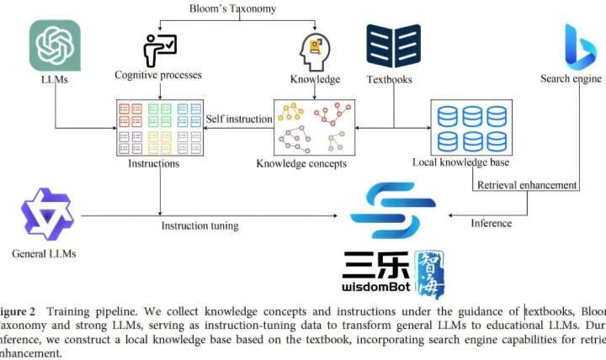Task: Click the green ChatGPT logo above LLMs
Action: click(x=56, y=45)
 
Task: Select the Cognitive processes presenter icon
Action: click(x=159, y=50)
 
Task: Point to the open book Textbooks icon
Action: click(x=393, y=46)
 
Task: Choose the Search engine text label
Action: click(x=571, y=79)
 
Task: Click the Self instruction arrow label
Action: click(x=239, y=119)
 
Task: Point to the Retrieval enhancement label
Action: click(x=526, y=185)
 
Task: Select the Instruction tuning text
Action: click(x=199, y=225)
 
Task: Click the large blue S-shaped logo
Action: click(x=394, y=212)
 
